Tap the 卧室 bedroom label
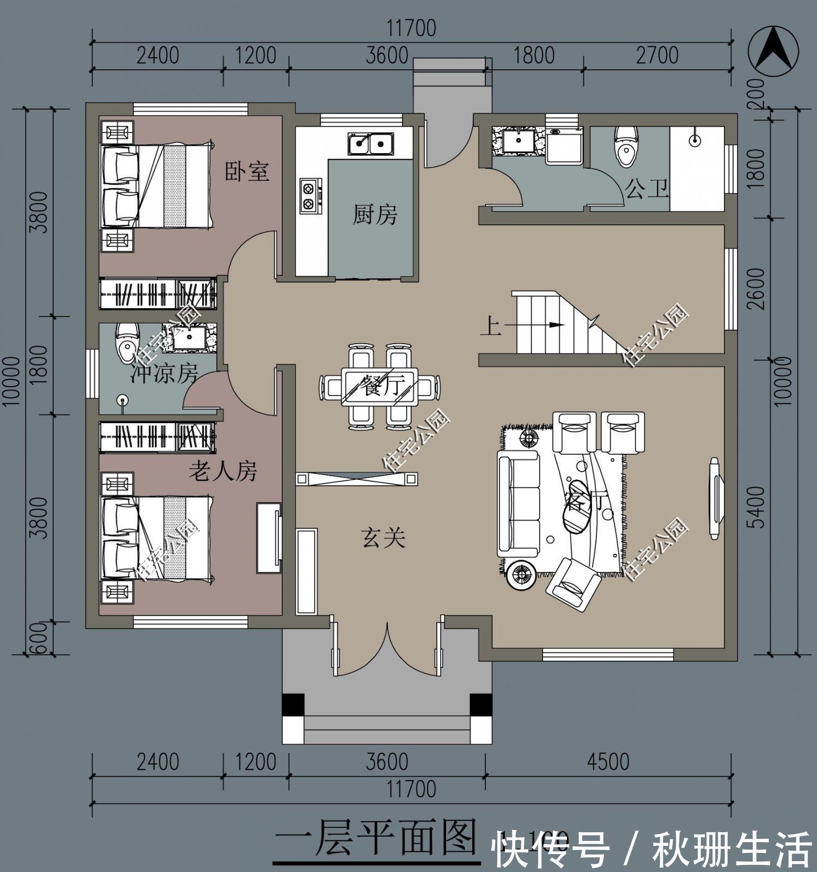click(247, 172)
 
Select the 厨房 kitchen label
click(375, 214)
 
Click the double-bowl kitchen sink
click(370, 144)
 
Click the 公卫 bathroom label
click(647, 189)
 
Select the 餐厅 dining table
click(380, 386)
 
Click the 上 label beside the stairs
click(490, 327)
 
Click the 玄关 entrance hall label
click(383, 538)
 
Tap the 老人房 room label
click(223, 471)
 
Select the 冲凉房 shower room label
click(163, 374)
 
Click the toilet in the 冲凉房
click(127, 339)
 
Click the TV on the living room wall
click(715, 498)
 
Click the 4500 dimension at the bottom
click(608, 761)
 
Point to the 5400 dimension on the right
click(757, 507)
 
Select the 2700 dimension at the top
click(657, 56)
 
